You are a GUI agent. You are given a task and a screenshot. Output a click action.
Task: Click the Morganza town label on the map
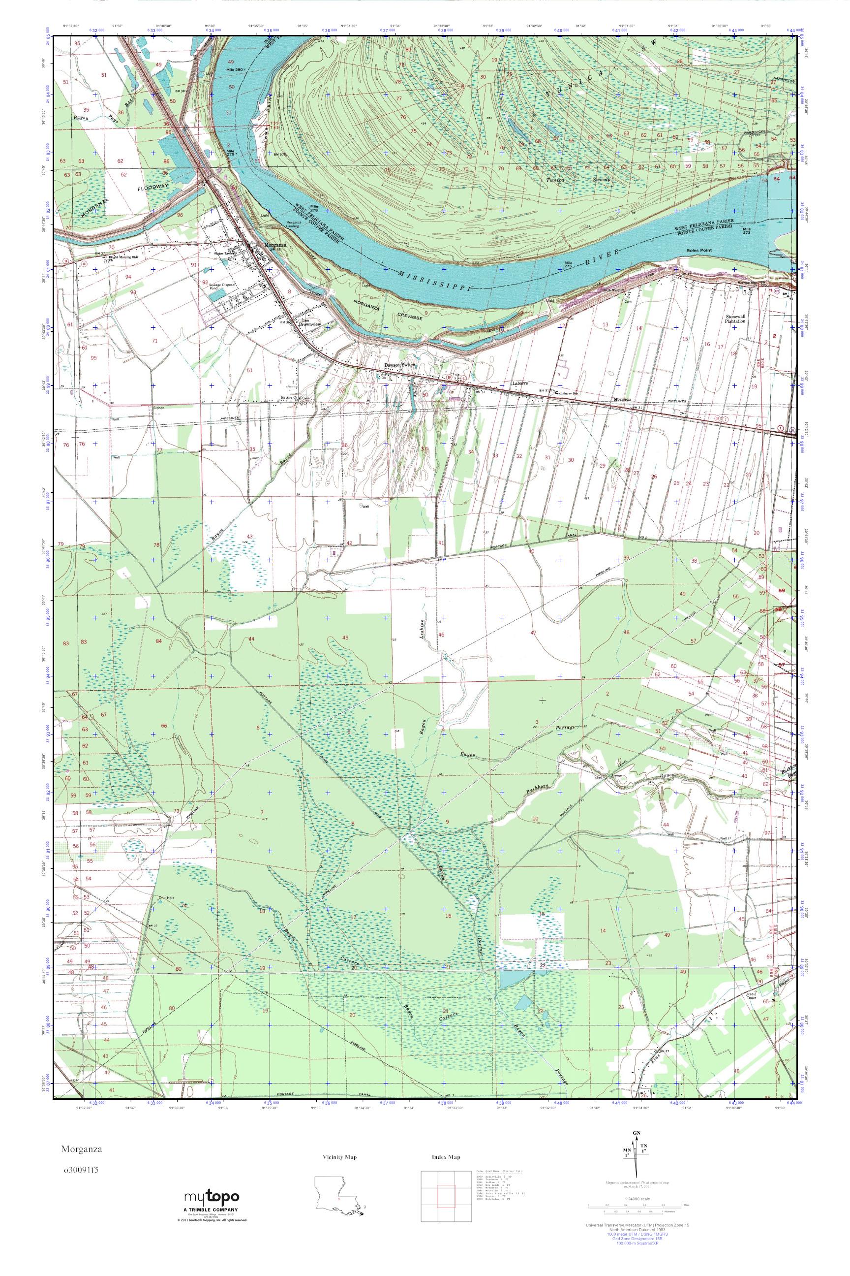pos(275,245)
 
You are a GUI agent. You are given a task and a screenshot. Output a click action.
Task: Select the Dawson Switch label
pos(400,365)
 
